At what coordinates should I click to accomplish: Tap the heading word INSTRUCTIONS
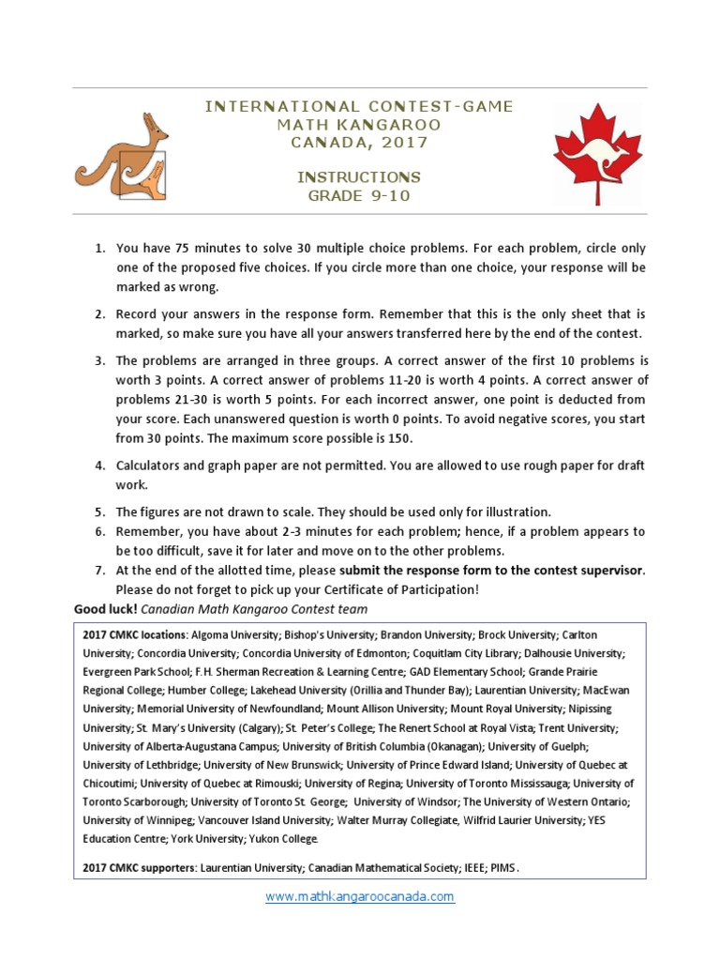[359, 177]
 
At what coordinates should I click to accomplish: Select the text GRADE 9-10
[359, 196]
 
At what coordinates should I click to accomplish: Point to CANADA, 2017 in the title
[359, 143]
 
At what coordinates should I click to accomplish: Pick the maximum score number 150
[397, 438]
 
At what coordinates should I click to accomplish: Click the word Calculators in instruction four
[153, 466]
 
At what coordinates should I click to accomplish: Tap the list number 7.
[99, 571]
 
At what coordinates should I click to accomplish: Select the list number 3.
[99, 360]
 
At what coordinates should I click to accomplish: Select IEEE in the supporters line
[472, 868]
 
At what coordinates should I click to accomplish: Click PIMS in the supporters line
[503, 868]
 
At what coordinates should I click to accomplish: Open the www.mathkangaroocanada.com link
[360, 896]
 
